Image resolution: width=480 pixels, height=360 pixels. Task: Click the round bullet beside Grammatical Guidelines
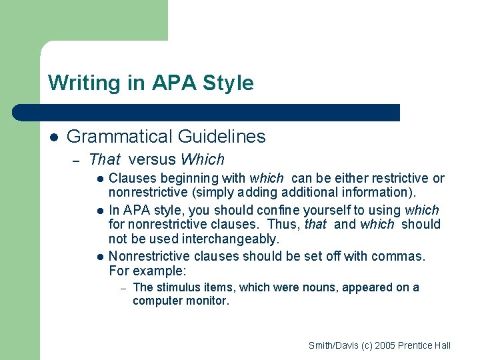(54, 137)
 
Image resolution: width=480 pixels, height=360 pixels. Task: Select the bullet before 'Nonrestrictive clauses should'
(99, 257)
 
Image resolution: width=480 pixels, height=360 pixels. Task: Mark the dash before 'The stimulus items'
(123, 288)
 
